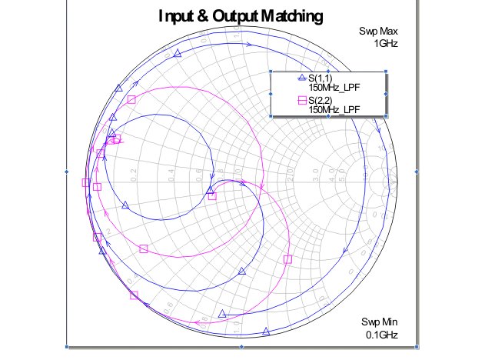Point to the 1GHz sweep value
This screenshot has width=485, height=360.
pos(386,43)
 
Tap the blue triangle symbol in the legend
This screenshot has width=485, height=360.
pos(301,78)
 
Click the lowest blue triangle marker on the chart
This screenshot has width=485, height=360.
pos(266,332)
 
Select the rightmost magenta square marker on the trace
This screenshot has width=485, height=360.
pos(287,260)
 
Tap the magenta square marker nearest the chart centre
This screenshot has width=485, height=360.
pos(213,196)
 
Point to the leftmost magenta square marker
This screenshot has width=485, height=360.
pos(86,182)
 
